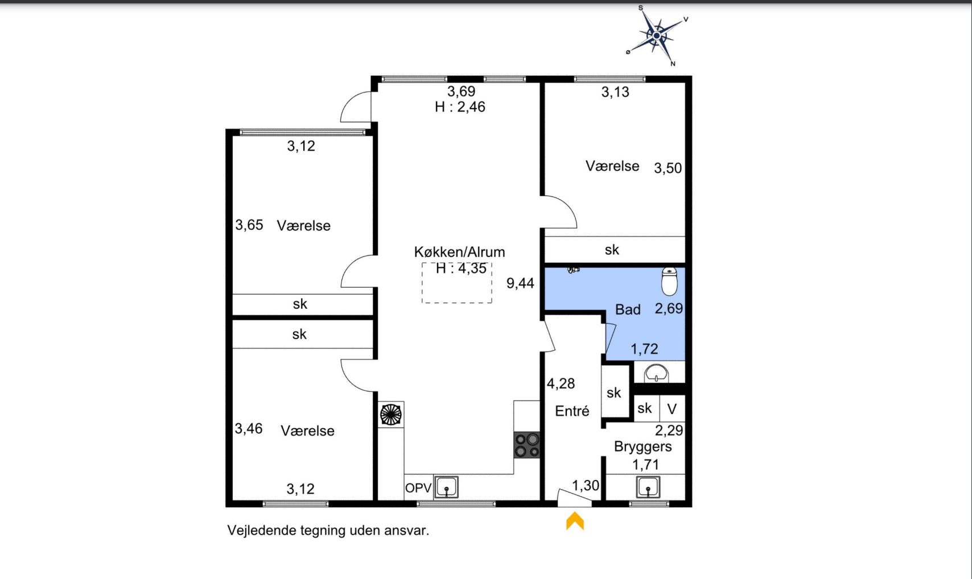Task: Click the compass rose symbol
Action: [x=657, y=36]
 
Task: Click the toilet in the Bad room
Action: [x=669, y=281]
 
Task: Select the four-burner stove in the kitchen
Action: [x=527, y=445]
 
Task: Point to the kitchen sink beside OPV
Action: [x=446, y=487]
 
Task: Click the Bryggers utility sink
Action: [x=648, y=487]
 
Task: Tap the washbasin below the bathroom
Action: [x=656, y=373]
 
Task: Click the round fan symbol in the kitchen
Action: [x=390, y=415]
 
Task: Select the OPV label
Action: [x=418, y=488]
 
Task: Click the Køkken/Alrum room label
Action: [x=459, y=252]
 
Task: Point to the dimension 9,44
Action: [x=520, y=283]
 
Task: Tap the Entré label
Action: [x=572, y=411]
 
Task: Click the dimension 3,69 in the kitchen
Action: [x=462, y=91]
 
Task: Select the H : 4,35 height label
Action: [x=461, y=268]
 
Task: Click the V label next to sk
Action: [x=672, y=408]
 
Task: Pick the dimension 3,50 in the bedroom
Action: [x=668, y=168]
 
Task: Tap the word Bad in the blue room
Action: [x=628, y=309]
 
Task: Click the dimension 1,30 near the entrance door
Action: [x=586, y=485]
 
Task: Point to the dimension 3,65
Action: [x=249, y=225]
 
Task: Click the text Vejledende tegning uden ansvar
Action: [x=328, y=531]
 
